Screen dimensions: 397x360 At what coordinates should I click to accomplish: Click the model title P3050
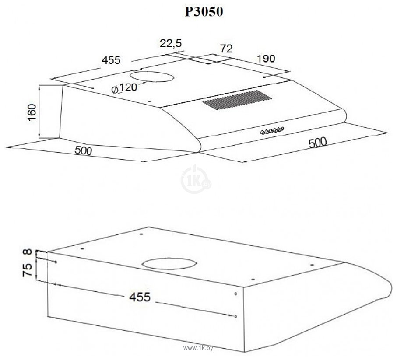click(x=204, y=11)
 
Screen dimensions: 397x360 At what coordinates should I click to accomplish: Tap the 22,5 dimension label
click(x=171, y=43)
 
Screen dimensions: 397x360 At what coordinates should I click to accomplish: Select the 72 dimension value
click(x=226, y=49)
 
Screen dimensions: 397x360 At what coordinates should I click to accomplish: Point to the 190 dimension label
click(x=266, y=59)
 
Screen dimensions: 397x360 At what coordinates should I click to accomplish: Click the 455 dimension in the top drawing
click(x=111, y=60)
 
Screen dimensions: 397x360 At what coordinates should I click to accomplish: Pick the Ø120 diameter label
click(x=124, y=88)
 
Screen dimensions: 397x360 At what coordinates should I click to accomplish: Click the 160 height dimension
click(x=32, y=112)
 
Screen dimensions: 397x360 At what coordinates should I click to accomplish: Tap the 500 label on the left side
click(x=83, y=151)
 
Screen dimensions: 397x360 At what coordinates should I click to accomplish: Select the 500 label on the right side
click(x=318, y=143)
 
